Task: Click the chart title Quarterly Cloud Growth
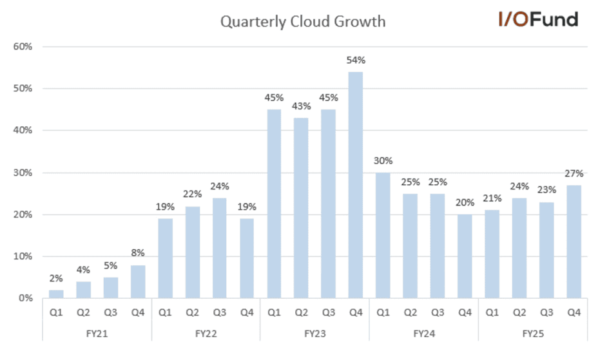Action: (303, 22)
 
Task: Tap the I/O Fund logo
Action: (538, 19)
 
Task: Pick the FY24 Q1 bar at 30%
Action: (383, 235)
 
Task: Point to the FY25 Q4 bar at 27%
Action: (574, 242)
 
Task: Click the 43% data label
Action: (301, 106)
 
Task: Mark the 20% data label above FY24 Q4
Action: (464, 202)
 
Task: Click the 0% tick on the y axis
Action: (26, 298)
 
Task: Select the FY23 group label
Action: (314, 334)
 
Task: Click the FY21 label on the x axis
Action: (97, 334)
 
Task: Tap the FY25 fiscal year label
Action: (532, 334)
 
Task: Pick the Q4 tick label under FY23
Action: (356, 314)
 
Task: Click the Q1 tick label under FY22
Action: (165, 314)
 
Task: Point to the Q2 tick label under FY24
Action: (410, 314)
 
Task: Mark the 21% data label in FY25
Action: (492, 198)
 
